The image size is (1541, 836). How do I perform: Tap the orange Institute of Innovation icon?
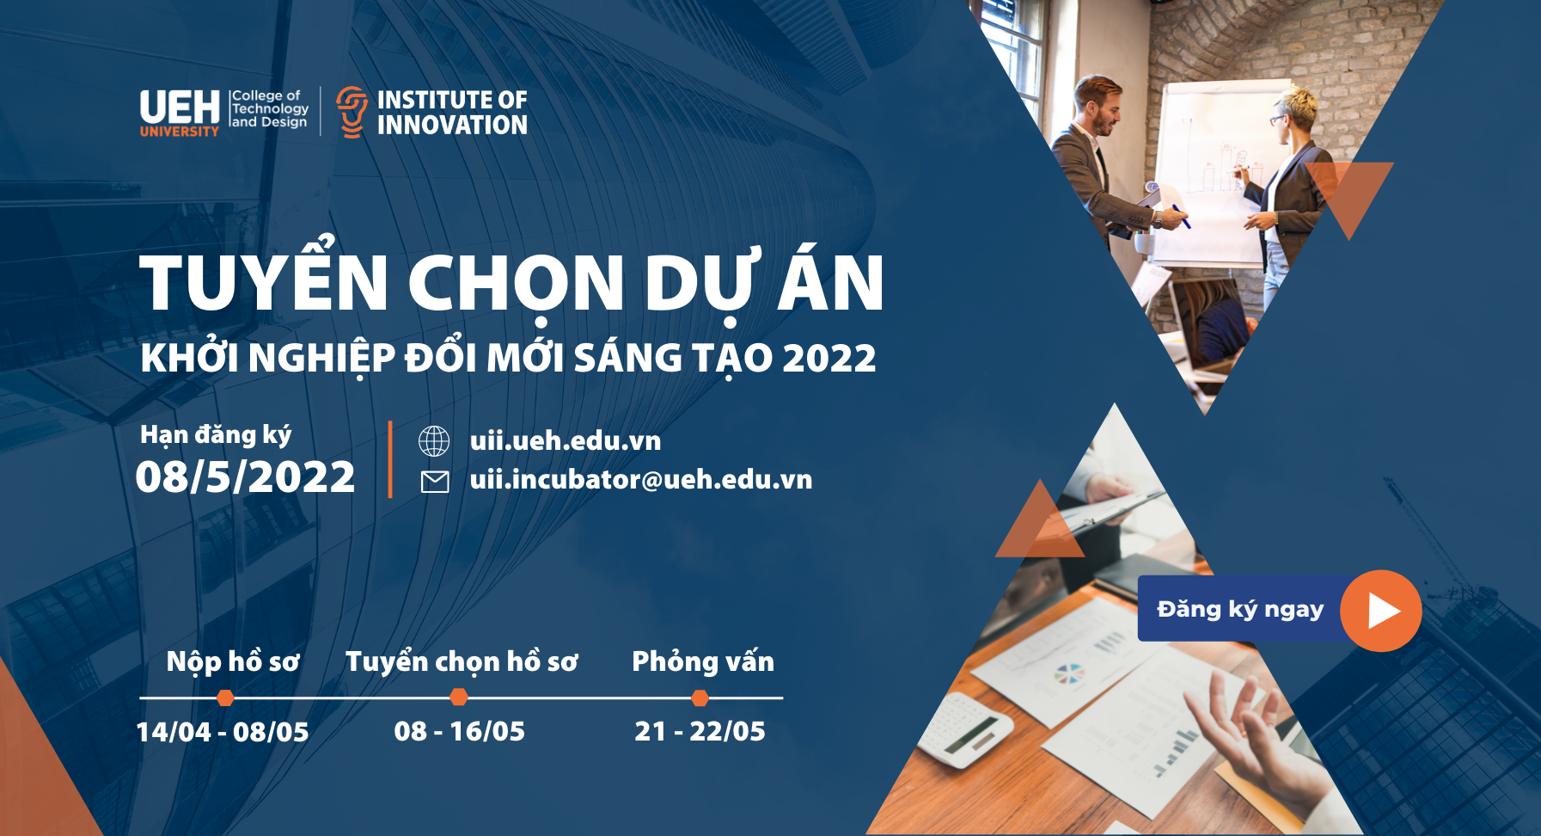(x=351, y=112)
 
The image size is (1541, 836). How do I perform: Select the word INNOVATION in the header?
(x=452, y=126)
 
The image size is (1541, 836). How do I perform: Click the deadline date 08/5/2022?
(x=245, y=476)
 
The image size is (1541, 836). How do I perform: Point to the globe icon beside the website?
(x=434, y=441)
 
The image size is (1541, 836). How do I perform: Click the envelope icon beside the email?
(x=435, y=482)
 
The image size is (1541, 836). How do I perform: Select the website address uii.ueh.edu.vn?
(x=566, y=440)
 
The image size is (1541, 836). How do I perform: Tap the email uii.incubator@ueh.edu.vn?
(x=641, y=479)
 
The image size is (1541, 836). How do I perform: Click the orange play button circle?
(x=1381, y=611)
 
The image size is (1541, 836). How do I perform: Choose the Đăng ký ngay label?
(x=1240, y=610)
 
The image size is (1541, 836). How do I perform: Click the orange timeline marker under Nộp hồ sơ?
(x=225, y=698)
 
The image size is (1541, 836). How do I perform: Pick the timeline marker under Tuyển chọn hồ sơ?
(x=460, y=698)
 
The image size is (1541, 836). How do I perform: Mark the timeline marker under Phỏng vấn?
(x=700, y=698)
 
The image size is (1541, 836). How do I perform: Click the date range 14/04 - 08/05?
(x=223, y=732)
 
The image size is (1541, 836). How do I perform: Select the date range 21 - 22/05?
(x=700, y=731)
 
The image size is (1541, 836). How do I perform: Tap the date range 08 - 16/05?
(x=460, y=731)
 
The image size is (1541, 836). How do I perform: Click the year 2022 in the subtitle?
(x=829, y=359)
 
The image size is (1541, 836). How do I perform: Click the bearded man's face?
(x=1101, y=108)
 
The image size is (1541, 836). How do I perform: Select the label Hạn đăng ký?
(x=216, y=435)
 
